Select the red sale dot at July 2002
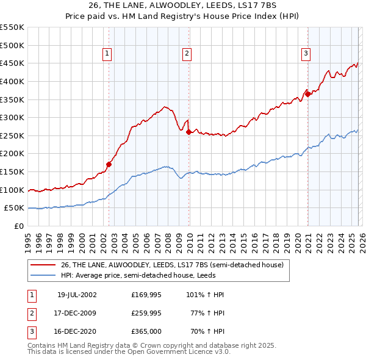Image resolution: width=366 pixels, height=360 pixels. coord(109,164)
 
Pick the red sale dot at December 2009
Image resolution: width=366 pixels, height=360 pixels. coord(189,132)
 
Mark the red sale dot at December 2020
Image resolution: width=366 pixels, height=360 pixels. coord(308,94)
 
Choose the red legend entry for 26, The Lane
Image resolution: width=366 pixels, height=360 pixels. coord(172,265)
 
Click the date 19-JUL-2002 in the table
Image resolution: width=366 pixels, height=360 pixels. coord(77,294)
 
